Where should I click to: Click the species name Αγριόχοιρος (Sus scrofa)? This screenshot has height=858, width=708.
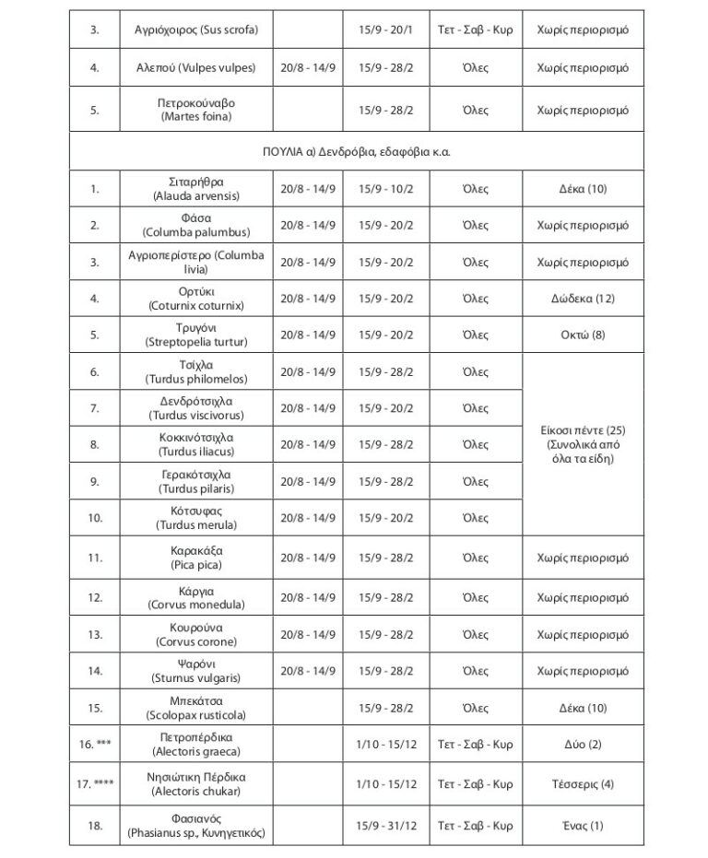196,29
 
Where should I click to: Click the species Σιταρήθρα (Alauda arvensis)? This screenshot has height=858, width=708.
196,189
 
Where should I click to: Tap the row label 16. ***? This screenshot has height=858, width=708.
95,744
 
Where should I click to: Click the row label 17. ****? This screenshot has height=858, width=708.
95,784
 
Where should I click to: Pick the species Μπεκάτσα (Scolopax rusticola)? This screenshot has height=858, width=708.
196,708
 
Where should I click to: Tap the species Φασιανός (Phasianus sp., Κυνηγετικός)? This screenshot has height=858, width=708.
196,826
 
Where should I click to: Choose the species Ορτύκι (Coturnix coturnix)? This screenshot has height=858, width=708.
196,299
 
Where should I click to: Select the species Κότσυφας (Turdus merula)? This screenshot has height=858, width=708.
196,518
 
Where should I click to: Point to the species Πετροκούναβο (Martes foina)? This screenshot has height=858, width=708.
196,111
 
